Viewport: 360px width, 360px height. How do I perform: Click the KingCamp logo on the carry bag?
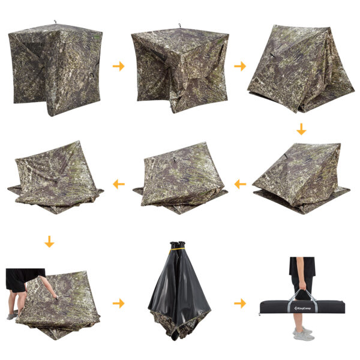click(x=302, y=308)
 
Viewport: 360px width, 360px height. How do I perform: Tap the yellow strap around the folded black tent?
click(x=177, y=249)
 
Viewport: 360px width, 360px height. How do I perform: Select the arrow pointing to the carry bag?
click(x=240, y=304)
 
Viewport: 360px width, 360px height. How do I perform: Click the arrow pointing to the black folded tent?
click(x=118, y=304)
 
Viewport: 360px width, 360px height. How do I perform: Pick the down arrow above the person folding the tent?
click(x=49, y=242)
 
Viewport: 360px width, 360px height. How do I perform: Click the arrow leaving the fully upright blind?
click(x=118, y=66)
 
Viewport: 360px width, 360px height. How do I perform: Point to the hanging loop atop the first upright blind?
click(x=55, y=22)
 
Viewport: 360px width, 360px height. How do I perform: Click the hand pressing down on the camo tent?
click(x=55, y=296)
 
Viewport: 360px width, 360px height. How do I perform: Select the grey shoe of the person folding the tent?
click(x=12, y=316)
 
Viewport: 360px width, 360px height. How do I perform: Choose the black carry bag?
click(x=302, y=307)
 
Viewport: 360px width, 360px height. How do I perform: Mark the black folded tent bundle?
click(x=179, y=291)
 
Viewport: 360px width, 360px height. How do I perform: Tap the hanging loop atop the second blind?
click(x=180, y=25)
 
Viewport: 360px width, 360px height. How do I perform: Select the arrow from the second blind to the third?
click(x=240, y=66)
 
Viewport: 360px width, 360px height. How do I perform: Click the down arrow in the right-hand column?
click(x=301, y=129)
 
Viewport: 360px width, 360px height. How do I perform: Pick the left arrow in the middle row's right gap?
click(x=240, y=184)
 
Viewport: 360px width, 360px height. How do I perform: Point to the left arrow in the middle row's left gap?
click(x=119, y=184)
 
